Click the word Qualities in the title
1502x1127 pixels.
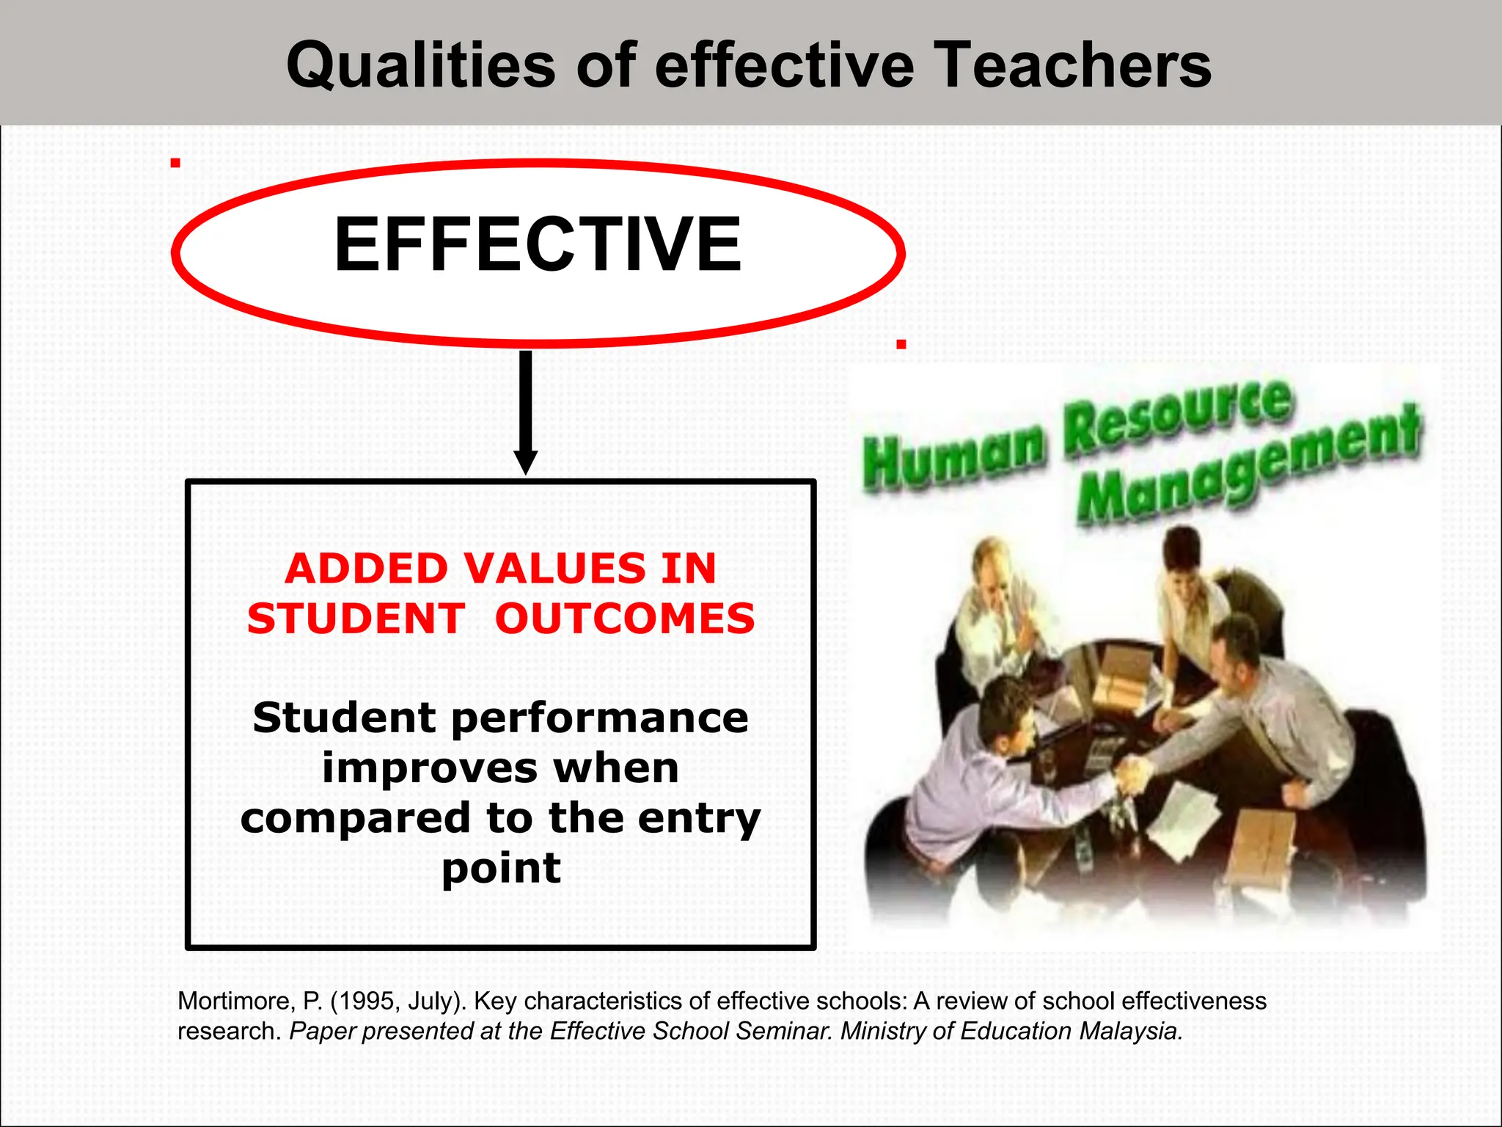[x=420, y=66]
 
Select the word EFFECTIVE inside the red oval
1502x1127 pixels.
[x=538, y=245]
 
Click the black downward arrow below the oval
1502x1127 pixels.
[x=525, y=411]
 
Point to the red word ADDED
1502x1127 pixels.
[x=367, y=569]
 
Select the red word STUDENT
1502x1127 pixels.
[x=356, y=619]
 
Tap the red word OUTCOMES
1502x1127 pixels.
[x=625, y=619]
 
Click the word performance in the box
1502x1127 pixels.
[x=600, y=719]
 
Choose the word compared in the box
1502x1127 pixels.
[x=355, y=819]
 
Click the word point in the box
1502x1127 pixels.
[x=501, y=869]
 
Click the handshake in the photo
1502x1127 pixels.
[x=1133, y=773]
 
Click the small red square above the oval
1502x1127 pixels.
[x=175, y=163]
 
